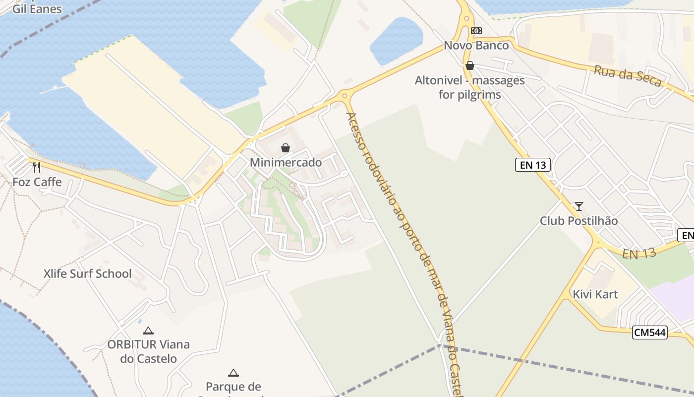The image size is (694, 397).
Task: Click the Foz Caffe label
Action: click(37, 182)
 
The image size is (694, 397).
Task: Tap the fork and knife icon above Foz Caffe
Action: click(36, 167)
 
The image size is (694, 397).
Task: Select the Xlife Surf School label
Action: click(87, 273)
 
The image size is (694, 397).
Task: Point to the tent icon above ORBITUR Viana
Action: click(148, 331)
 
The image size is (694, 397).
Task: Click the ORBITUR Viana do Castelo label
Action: click(148, 351)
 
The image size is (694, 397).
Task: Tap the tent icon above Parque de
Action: click(233, 373)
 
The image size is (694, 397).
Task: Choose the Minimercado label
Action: click(286, 162)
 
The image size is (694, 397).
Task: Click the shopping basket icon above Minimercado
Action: click(286, 148)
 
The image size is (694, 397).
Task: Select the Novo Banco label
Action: click(476, 46)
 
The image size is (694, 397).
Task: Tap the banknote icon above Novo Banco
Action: click(476, 31)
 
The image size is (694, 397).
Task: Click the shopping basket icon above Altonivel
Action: click(469, 66)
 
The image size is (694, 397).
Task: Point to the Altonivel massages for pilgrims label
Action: click(469, 87)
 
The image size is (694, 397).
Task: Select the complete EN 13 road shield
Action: click(533, 165)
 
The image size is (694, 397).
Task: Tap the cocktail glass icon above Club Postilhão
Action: click(578, 206)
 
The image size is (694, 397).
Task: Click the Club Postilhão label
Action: click(578, 221)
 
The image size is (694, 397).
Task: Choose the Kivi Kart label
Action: click(595, 294)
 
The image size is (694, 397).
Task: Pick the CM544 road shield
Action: click(650, 332)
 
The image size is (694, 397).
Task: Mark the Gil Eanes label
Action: click(37, 9)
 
